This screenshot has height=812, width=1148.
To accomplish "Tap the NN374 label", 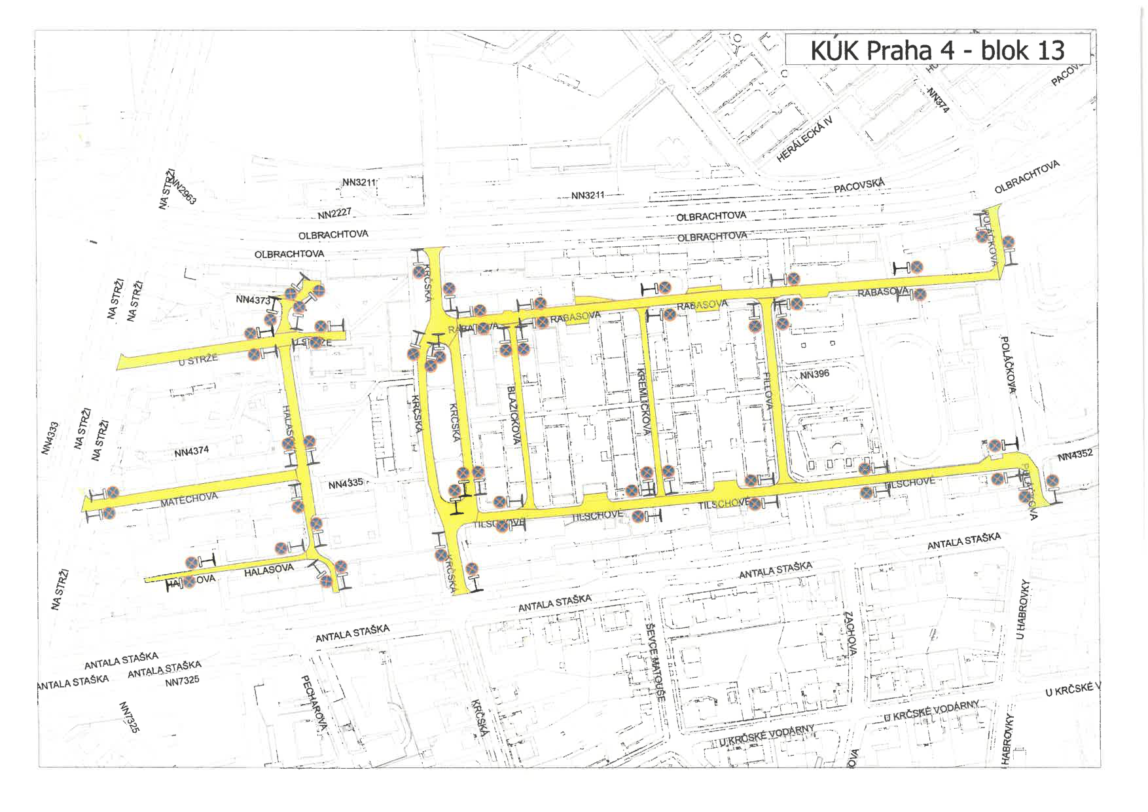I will coord(938,100).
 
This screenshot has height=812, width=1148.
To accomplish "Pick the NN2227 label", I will coord(334,213).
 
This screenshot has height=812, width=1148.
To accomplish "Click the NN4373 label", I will coord(253,300).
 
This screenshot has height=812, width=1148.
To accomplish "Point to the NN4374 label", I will coord(191,451).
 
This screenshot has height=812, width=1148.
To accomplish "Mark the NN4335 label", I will coord(345,484).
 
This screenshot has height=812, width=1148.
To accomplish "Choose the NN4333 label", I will coord(50,437).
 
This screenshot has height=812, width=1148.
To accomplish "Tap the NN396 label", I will coord(814,375).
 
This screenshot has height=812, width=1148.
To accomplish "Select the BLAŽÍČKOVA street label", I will coord(514,415).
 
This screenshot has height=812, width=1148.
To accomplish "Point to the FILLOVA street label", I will coord(768,391).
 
